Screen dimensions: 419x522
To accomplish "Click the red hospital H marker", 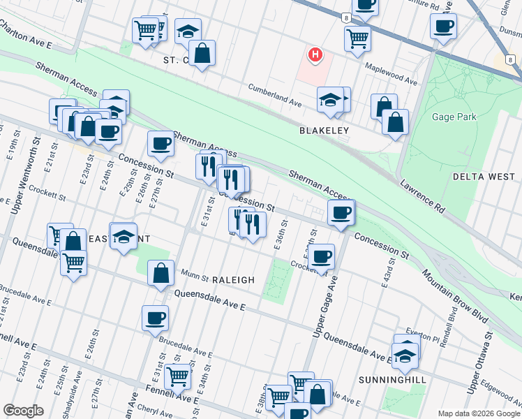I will click(316, 54).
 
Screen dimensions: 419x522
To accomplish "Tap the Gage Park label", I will click(454, 117).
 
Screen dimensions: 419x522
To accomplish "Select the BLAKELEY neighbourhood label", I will click(323, 131).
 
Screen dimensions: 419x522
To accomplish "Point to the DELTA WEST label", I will click(483, 177).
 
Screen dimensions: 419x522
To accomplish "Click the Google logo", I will click(23, 411).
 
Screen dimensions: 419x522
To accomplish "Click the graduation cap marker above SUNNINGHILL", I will click(405, 356).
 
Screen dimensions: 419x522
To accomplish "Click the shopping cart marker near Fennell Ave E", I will click(177, 376).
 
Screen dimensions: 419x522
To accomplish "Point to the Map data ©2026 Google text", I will click(479, 413).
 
